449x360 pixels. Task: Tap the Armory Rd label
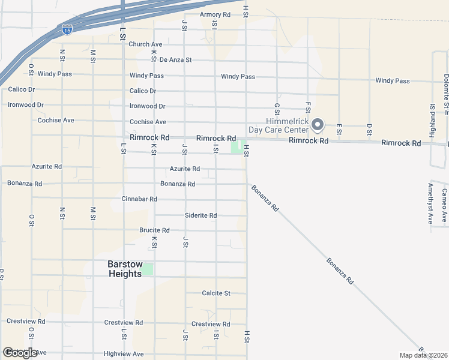(215, 14)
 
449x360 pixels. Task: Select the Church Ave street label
(145, 44)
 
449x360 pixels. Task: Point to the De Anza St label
(176, 60)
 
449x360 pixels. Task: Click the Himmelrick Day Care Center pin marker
(318, 125)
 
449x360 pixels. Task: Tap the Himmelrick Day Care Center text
(279, 125)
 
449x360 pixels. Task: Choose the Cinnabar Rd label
(139, 199)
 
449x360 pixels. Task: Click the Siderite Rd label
(200, 215)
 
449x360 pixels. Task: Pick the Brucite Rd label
(154, 230)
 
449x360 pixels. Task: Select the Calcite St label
(215, 293)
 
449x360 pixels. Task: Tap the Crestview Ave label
(211, 324)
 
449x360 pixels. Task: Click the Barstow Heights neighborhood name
(125, 269)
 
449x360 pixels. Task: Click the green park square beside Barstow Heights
(148, 269)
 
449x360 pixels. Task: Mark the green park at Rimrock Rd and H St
(238, 146)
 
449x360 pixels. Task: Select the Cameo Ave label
(444, 205)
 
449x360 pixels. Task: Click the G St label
(277, 108)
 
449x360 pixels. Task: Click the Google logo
(20, 353)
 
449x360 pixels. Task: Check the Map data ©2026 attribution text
(423, 355)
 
